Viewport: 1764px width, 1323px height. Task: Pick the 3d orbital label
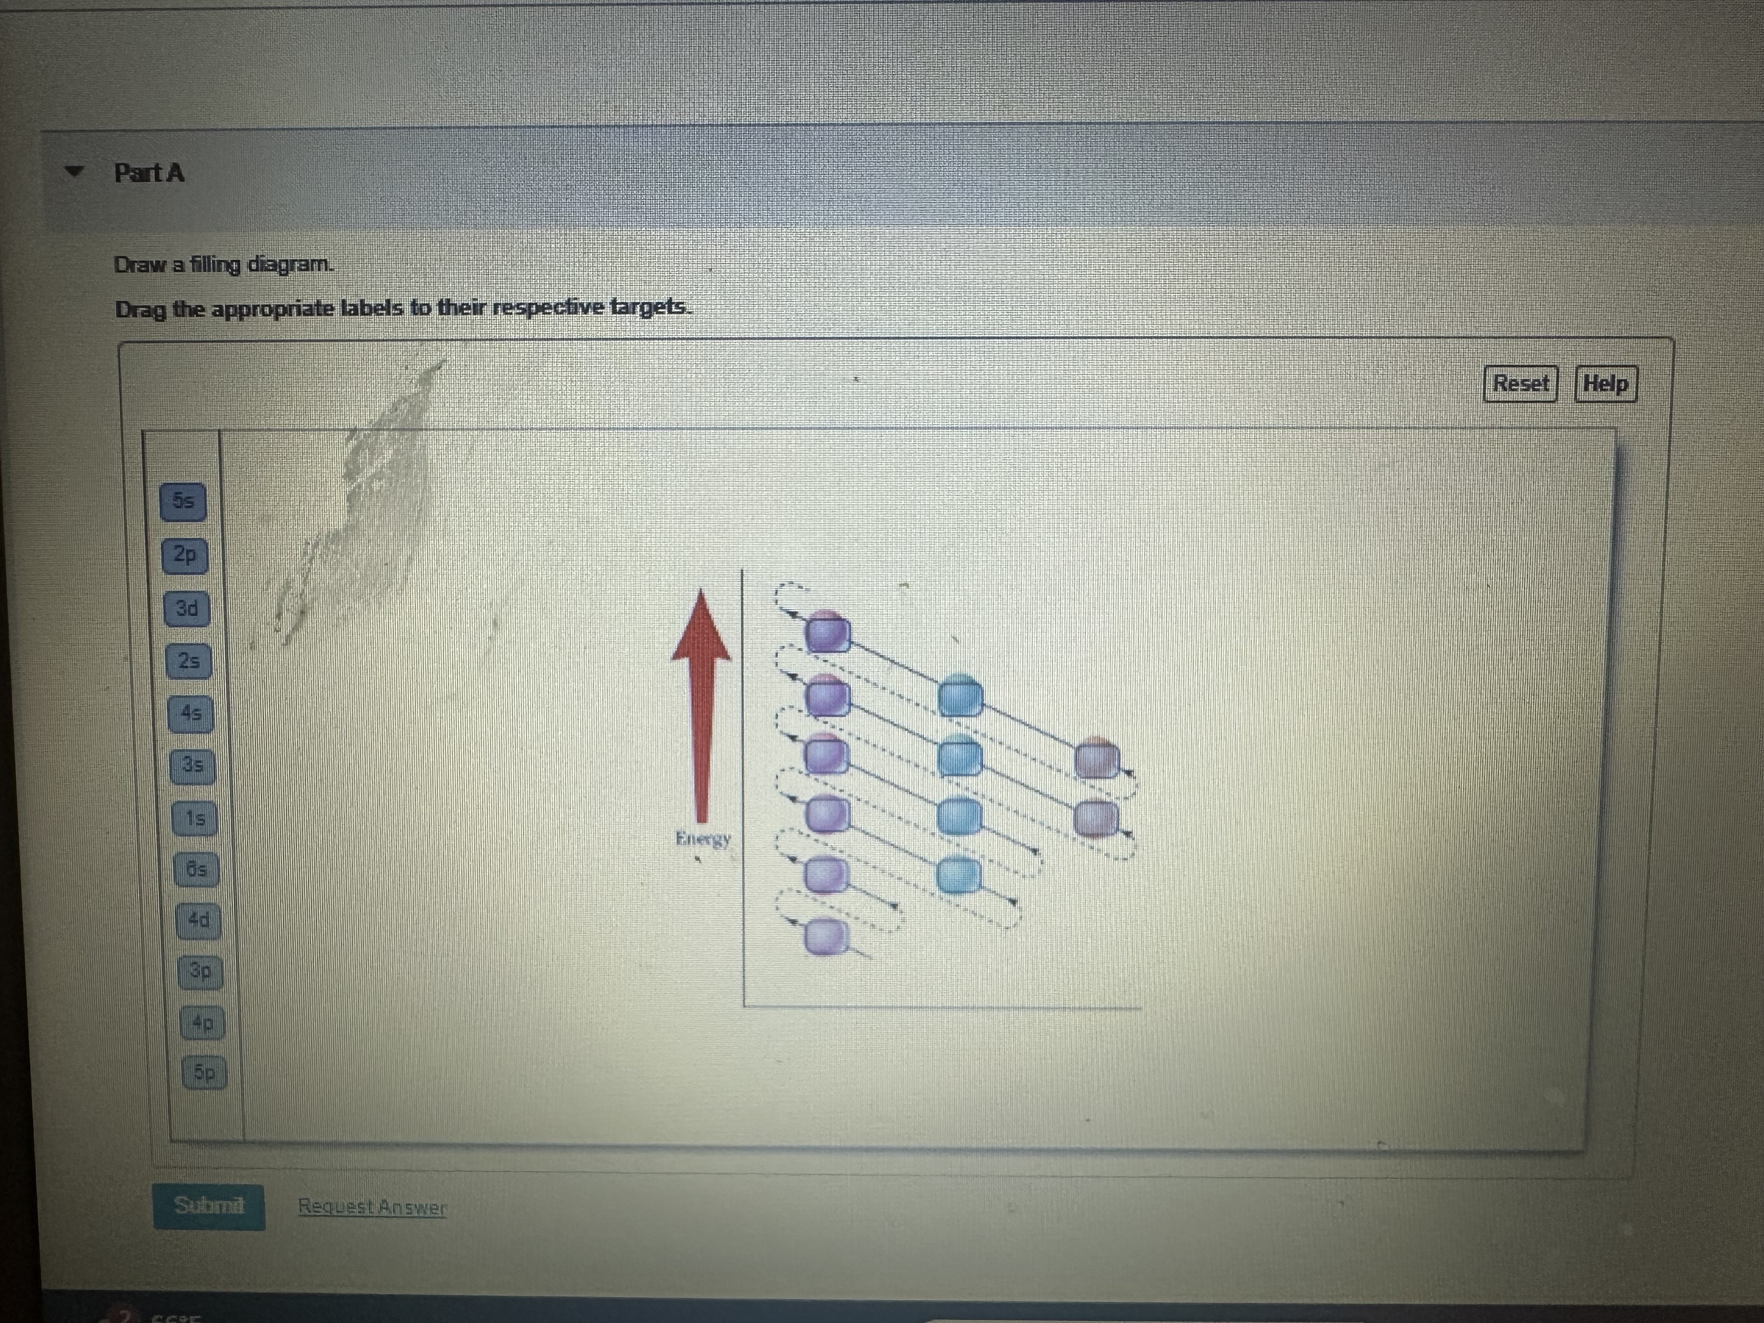tap(187, 609)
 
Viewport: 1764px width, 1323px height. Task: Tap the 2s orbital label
tap(189, 661)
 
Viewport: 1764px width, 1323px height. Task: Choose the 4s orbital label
tap(191, 714)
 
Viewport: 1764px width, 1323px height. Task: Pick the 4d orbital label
tap(199, 920)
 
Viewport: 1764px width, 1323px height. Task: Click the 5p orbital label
tap(205, 1073)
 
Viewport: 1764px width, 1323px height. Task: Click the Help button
tap(1605, 384)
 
